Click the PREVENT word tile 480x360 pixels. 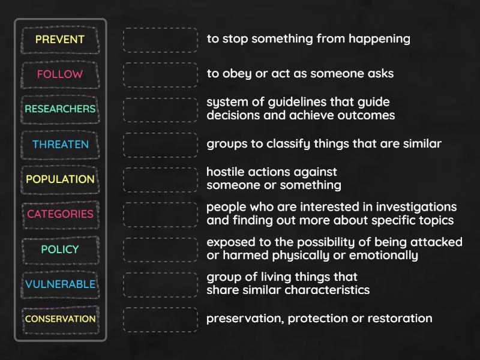pos(60,40)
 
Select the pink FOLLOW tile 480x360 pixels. pos(60,74)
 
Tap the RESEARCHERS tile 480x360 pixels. pos(60,110)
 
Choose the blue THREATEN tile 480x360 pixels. pos(60,145)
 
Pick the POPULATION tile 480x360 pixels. pos(60,179)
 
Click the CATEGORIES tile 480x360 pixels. pos(60,215)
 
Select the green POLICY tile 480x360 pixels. pos(60,250)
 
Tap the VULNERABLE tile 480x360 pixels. pos(60,284)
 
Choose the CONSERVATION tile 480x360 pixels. pos(60,320)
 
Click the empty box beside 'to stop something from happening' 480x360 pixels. pos(160,40)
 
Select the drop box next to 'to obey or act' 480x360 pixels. pos(160,74)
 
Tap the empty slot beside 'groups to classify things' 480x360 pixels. pos(160,145)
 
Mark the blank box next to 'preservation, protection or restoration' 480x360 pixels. pos(160,320)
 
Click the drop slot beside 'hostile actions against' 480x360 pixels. pos(160,179)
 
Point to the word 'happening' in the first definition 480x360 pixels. pos(379,40)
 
